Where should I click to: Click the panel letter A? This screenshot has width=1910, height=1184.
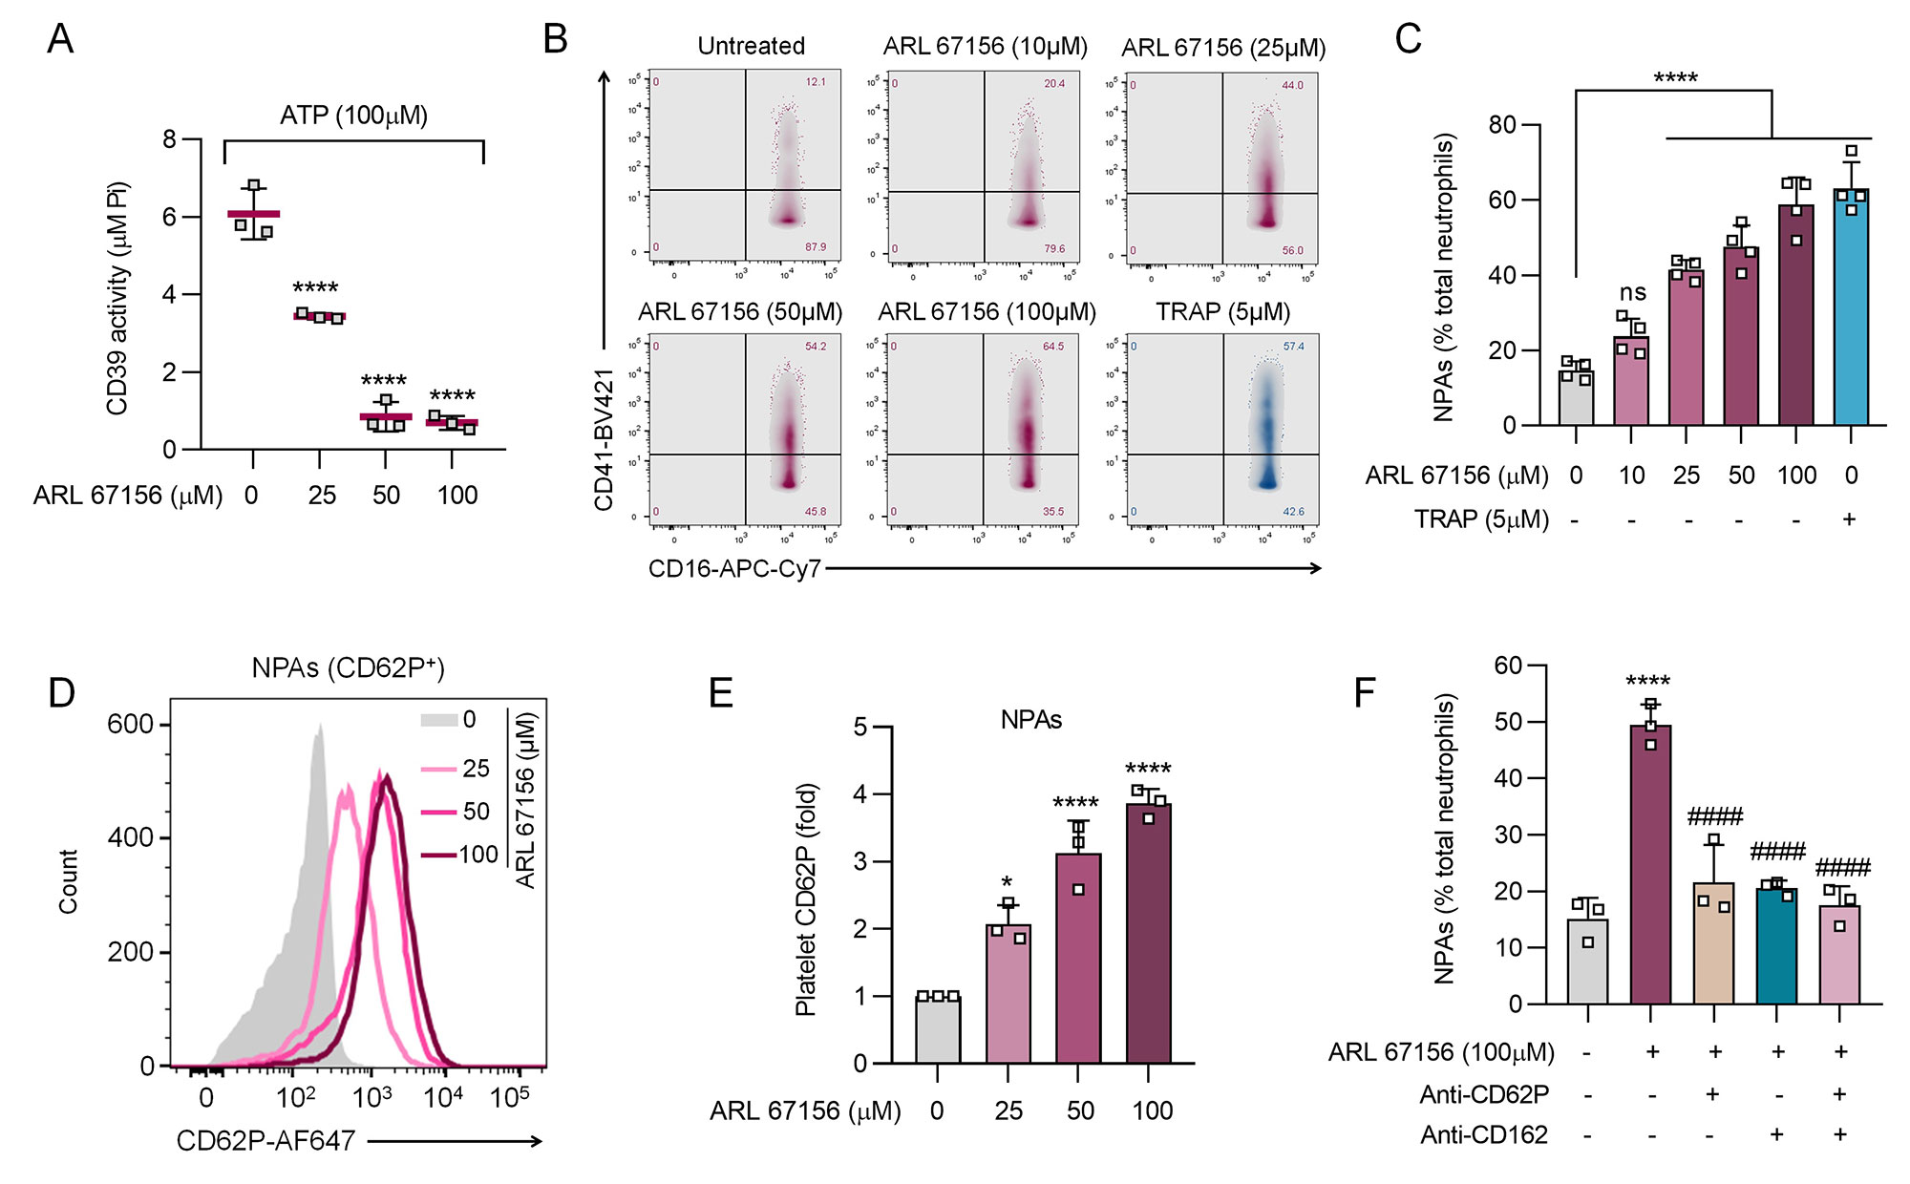click(x=60, y=39)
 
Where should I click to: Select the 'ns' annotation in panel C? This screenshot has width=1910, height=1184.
click(x=1632, y=292)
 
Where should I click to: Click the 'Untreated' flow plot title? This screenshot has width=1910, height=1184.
click(x=751, y=46)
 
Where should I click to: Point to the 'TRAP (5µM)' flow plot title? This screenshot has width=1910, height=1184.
click(x=1222, y=312)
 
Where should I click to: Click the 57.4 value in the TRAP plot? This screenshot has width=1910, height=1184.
click(x=1293, y=347)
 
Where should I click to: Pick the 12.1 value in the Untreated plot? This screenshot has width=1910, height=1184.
click(x=815, y=82)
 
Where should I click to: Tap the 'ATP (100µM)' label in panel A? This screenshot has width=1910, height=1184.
click(x=353, y=116)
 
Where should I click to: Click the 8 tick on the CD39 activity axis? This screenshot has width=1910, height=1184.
click(x=170, y=139)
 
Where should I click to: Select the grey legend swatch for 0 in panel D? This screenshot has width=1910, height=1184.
click(x=438, y=720)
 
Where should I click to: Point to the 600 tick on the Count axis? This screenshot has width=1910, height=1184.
click(x=130, y=724)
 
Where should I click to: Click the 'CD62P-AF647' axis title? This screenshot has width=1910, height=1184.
click(x=265, y=1141)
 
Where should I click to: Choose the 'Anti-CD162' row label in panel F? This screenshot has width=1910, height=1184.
click(x=1483, y=1134)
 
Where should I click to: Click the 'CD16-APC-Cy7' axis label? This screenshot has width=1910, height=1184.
click(x=734, y=569)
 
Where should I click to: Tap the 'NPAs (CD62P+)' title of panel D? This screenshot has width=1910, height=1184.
click(x=348, y=667)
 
